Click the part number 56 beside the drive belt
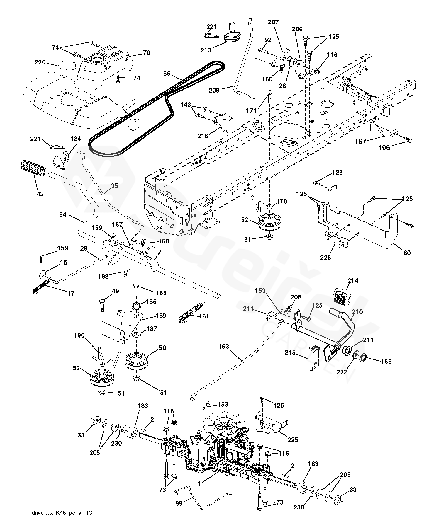coord(167,73)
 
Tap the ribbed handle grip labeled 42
coord(33,169)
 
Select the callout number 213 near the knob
coord(206,50)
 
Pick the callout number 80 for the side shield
coord(407,253)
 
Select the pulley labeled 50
coord(137,361)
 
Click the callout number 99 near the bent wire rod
coord(179,503)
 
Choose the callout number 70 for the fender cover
coord(147,53)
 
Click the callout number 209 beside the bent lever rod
coord(214,90)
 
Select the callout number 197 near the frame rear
coord(361,141)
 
